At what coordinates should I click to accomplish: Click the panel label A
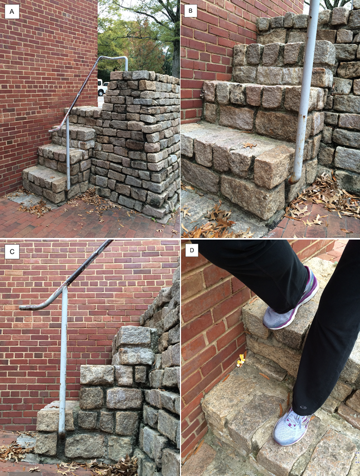[x=12, y=12]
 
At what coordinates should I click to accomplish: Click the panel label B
[x=190, y=11]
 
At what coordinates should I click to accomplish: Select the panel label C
[x=12, y=252]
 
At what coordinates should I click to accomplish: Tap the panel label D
[x=192, y=250]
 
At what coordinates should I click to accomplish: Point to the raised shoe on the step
[x=290, y=301]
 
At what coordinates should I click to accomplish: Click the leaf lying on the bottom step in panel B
[x=250, y=145]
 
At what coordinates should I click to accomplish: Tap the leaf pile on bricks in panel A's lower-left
[x=33, y=209]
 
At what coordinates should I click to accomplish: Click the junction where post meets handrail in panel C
[x=64, y=287]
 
